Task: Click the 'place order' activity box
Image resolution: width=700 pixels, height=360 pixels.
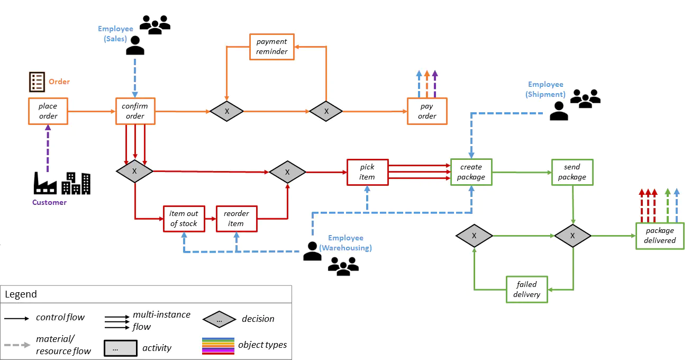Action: pyautogui.click(x=48, y=111)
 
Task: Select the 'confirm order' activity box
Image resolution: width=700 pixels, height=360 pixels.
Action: pyautogui.click(x=135, y=111)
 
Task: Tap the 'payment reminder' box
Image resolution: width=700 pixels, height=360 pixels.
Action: pyautogui.click(x=271, y=47)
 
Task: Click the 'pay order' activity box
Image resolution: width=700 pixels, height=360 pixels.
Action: pyautogui.click(x=427, y=111)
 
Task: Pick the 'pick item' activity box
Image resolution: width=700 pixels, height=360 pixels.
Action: pyautogui.click(x=367, y=172)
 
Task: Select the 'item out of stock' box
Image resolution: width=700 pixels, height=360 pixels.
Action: pyautogui.click(x=183, y=219)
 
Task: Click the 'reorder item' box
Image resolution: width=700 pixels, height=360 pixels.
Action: pyautogui.click(x=236, y=219)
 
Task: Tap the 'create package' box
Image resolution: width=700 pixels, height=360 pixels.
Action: pyautogui.click(x=470, y=172)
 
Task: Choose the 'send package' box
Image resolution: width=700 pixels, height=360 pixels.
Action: pyautogui.click(x=572, y=172)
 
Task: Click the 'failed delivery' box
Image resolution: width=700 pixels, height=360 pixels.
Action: pyautogui.click(x=526, y=289)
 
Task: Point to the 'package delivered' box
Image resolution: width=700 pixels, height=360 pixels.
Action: pyautogui.click(x=659, y=236)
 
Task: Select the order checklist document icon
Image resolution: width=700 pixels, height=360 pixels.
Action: pyautogui.click(x=37, y=82)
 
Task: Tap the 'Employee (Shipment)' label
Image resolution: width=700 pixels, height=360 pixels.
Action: pyautogui.click(x=546, y=89)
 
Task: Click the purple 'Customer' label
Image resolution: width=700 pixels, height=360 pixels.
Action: pyautogui.click(x=49, y=202)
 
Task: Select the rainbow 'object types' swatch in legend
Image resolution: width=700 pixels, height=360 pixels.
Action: pyautogui.click(x=217, y=346)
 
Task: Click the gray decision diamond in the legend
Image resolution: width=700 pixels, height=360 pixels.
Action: pyautogui.click(x=220, y=319)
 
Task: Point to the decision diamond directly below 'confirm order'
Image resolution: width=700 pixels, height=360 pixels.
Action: pyautogui.click(x=134, y=172)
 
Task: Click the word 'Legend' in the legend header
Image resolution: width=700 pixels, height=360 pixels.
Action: pyautogui.click(x=21, y=294)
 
